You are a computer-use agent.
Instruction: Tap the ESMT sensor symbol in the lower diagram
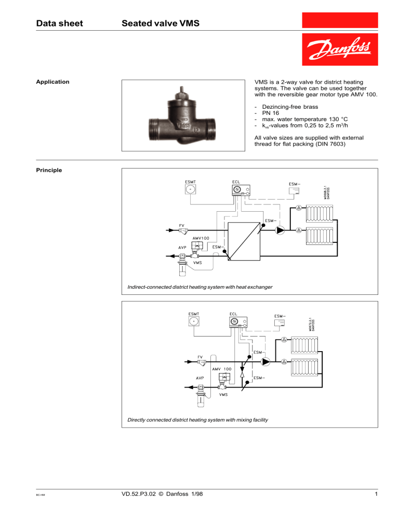click(195, 323)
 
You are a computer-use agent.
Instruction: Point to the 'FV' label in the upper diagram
click(182, 226)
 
